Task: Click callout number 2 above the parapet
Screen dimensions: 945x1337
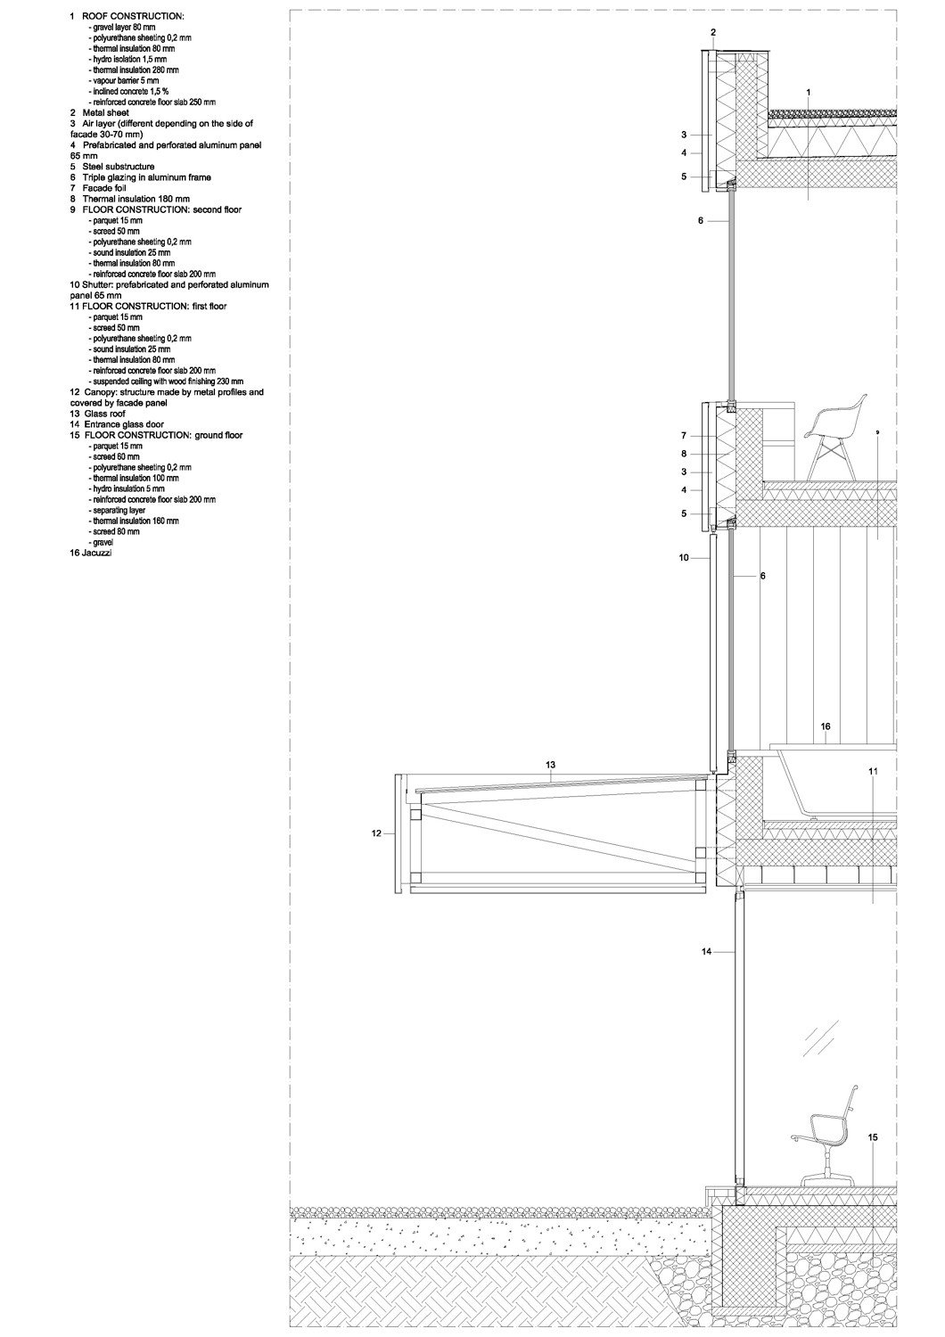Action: [x=713, y=33]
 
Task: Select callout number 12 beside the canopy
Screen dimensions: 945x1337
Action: [x=376, y=833]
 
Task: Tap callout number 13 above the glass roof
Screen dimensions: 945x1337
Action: [x=550, y=765]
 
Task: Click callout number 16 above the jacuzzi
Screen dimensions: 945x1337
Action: [x=826, y=726]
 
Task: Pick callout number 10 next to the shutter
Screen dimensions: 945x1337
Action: [x=684, y=557]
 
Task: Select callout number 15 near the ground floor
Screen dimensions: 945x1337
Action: [x=873, y=1137]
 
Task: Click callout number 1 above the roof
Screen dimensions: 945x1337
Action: [x=808, y=93]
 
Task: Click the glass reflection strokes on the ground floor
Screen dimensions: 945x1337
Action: [x=822, y=1038]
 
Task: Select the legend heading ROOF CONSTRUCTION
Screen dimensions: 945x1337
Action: [x=133, y=17]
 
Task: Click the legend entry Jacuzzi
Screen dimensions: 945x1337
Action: [x=91, y=554]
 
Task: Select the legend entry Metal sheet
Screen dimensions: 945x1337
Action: [x=99, y=113]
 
